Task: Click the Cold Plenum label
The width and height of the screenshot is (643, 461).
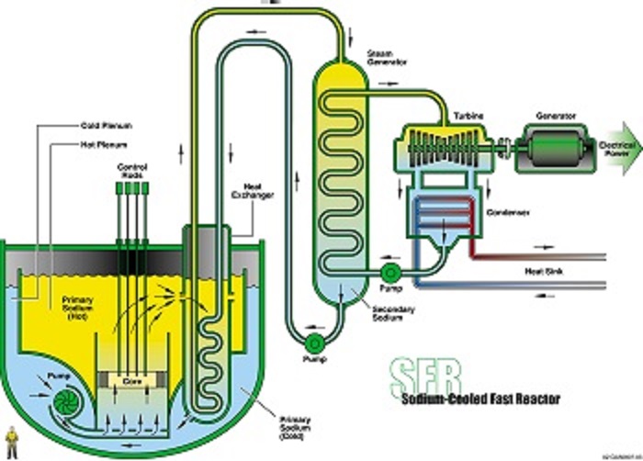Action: tap(102, 126)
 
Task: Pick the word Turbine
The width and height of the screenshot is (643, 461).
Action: tap(463, 116)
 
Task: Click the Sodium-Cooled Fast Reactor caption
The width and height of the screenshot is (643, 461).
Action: tap(478, 399)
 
